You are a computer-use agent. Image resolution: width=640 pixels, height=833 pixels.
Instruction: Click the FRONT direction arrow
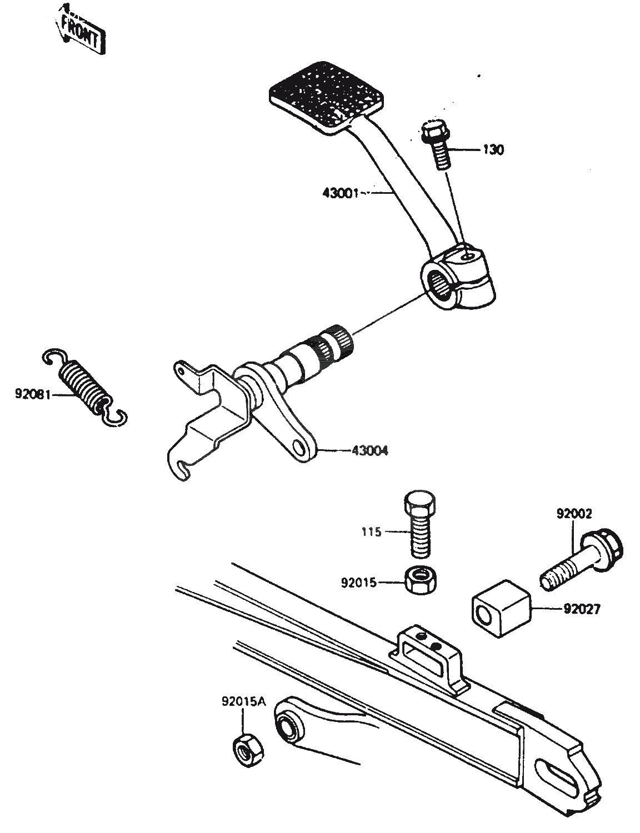(81, 31)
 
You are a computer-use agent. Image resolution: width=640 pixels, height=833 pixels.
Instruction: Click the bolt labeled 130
(437, 145)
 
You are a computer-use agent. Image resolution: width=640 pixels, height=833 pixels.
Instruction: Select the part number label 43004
(369, 450)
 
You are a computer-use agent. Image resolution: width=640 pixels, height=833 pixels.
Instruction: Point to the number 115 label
(371, 532)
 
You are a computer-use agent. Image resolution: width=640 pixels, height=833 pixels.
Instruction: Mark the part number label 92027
(582, 609)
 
